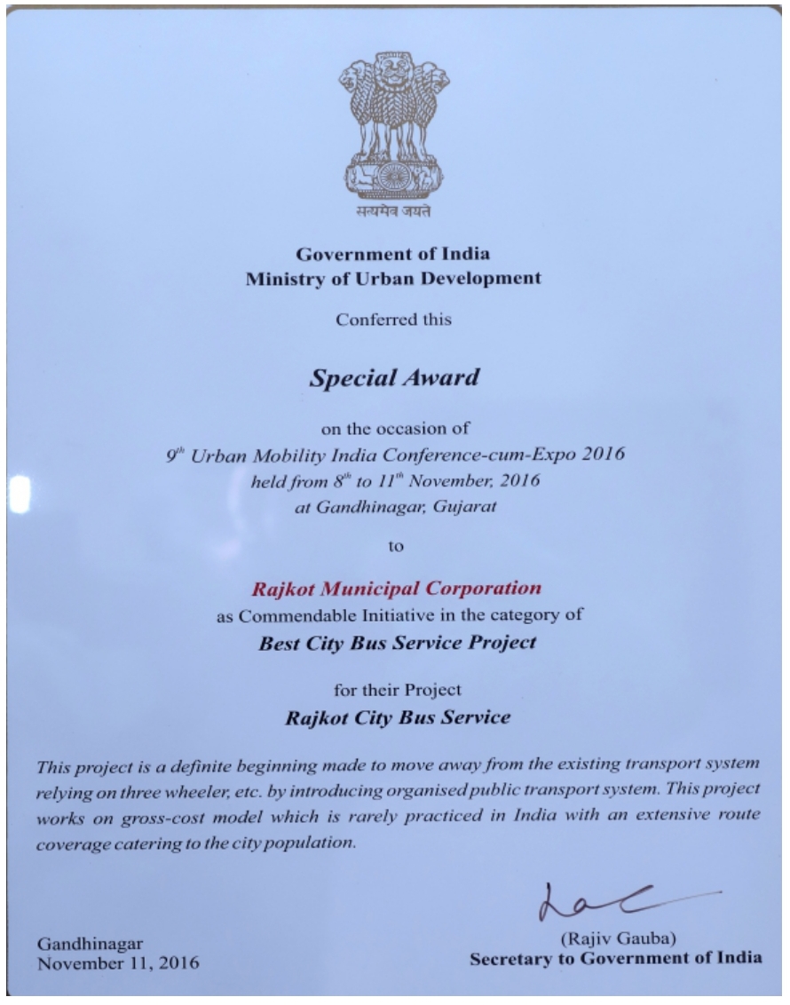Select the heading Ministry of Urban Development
pos(394,278)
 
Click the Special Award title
pos(394,377)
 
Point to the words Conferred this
pos(394,320)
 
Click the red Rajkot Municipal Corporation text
pos(396,588)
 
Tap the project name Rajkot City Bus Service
pos(397,717)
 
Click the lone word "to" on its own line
pos(396,547)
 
